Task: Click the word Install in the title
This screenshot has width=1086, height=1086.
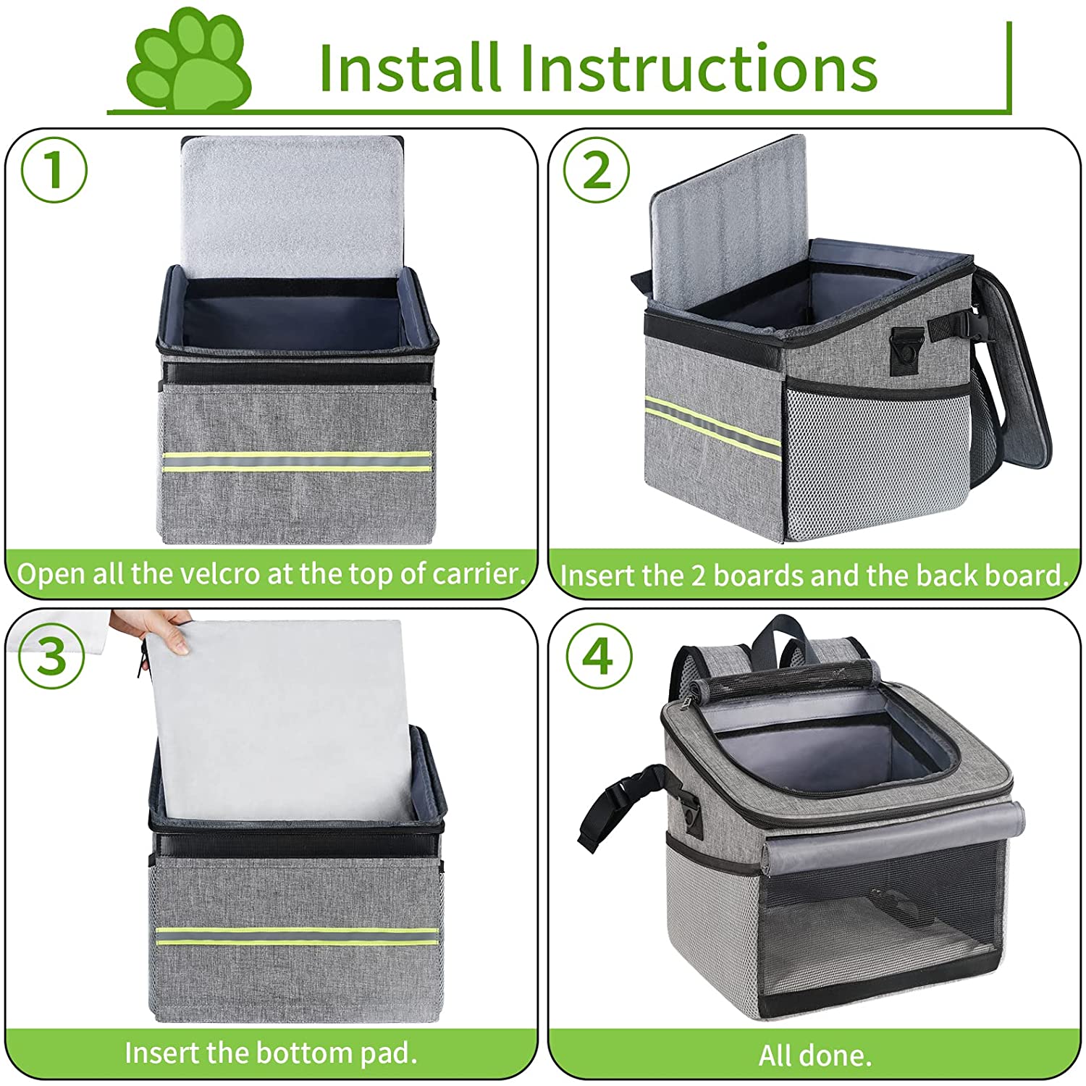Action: (x=409, y=69)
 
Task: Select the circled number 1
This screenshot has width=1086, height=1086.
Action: (x=54, y=170)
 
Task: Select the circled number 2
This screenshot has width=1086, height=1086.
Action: (x=597, y=170)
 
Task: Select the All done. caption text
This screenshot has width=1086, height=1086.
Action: (x=814, y=1056)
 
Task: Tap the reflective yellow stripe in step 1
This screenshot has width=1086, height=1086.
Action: (x=297, y=462)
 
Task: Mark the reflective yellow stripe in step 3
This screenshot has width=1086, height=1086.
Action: (x=297, y=936)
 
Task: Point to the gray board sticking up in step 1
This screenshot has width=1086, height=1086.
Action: (x=292, y=206)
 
